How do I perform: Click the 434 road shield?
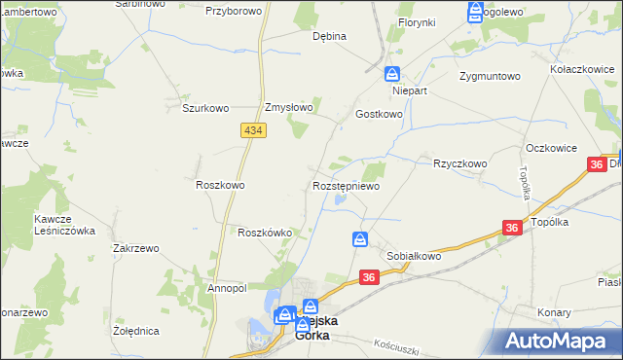251,130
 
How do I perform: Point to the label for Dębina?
329,36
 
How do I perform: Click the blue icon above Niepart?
391,74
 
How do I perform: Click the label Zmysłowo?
289,108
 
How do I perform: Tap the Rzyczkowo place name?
459,163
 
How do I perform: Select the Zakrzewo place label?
135,248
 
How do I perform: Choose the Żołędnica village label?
136,331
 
